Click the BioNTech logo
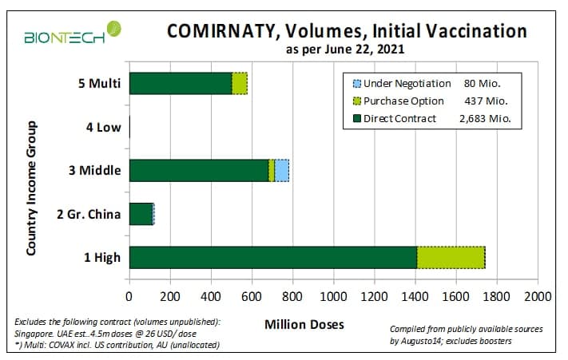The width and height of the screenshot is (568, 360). [x=73, y=33]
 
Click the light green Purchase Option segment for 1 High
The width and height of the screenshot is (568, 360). [x=451, y=258]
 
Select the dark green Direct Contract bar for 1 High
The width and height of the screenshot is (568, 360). [x=273, y=258]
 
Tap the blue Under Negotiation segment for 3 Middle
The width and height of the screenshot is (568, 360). [x=282, y=170]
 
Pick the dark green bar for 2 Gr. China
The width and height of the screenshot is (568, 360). [x=141, y=214]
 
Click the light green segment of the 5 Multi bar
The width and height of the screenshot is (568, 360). [x=240, y=84]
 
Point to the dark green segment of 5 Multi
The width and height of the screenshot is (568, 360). [x=181, y=84]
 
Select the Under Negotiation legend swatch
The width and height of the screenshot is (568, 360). [x=357, y=84]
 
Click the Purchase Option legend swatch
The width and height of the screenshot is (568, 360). [x=357, y=101]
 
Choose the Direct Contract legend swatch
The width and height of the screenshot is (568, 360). [x=357, y=118]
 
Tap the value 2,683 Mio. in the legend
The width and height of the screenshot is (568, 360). [x=485, y=119]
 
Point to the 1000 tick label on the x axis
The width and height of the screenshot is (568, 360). [x=334, y=297]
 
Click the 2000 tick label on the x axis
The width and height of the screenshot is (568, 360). [x=538, y=297]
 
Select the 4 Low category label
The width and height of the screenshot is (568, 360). [x=104, y=128]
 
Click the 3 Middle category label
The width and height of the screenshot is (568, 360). [x=95, y=170]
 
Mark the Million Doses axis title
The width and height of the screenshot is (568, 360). [x=304, y=325]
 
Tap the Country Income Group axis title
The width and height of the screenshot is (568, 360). [x=32, y=188]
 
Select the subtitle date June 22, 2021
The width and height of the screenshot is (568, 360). [x=364, y=49]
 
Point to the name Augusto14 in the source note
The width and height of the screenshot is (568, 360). [x=418, y=341]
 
